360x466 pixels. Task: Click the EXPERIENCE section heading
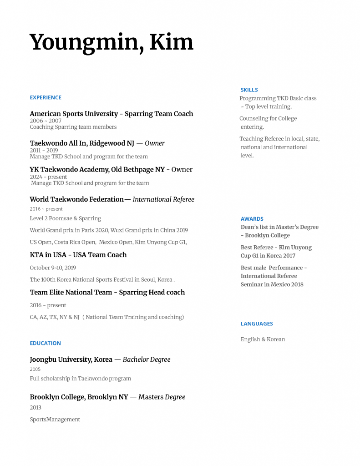coord(46,97)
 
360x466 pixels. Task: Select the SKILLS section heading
coord(249,90)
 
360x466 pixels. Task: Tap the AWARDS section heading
coord(252,219)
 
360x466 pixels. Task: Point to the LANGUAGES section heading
coord(257,324)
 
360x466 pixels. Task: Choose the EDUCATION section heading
coord(45,343)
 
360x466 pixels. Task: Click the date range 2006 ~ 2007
coord(46,121)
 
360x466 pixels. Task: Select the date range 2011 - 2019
coord(44,150)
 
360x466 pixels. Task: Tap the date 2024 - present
coord(49,177)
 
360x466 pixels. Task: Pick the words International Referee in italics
coord(163,199)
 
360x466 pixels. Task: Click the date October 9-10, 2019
coord(53,268)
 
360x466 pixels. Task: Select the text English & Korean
coord(263,339)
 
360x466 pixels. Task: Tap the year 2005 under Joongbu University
coord(35,369)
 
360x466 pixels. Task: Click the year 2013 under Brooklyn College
coord(35,407)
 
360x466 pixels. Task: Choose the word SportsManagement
coord(55,419)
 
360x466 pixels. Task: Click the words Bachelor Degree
coord(147,360)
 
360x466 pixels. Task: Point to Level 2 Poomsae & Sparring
coord(66,218)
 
